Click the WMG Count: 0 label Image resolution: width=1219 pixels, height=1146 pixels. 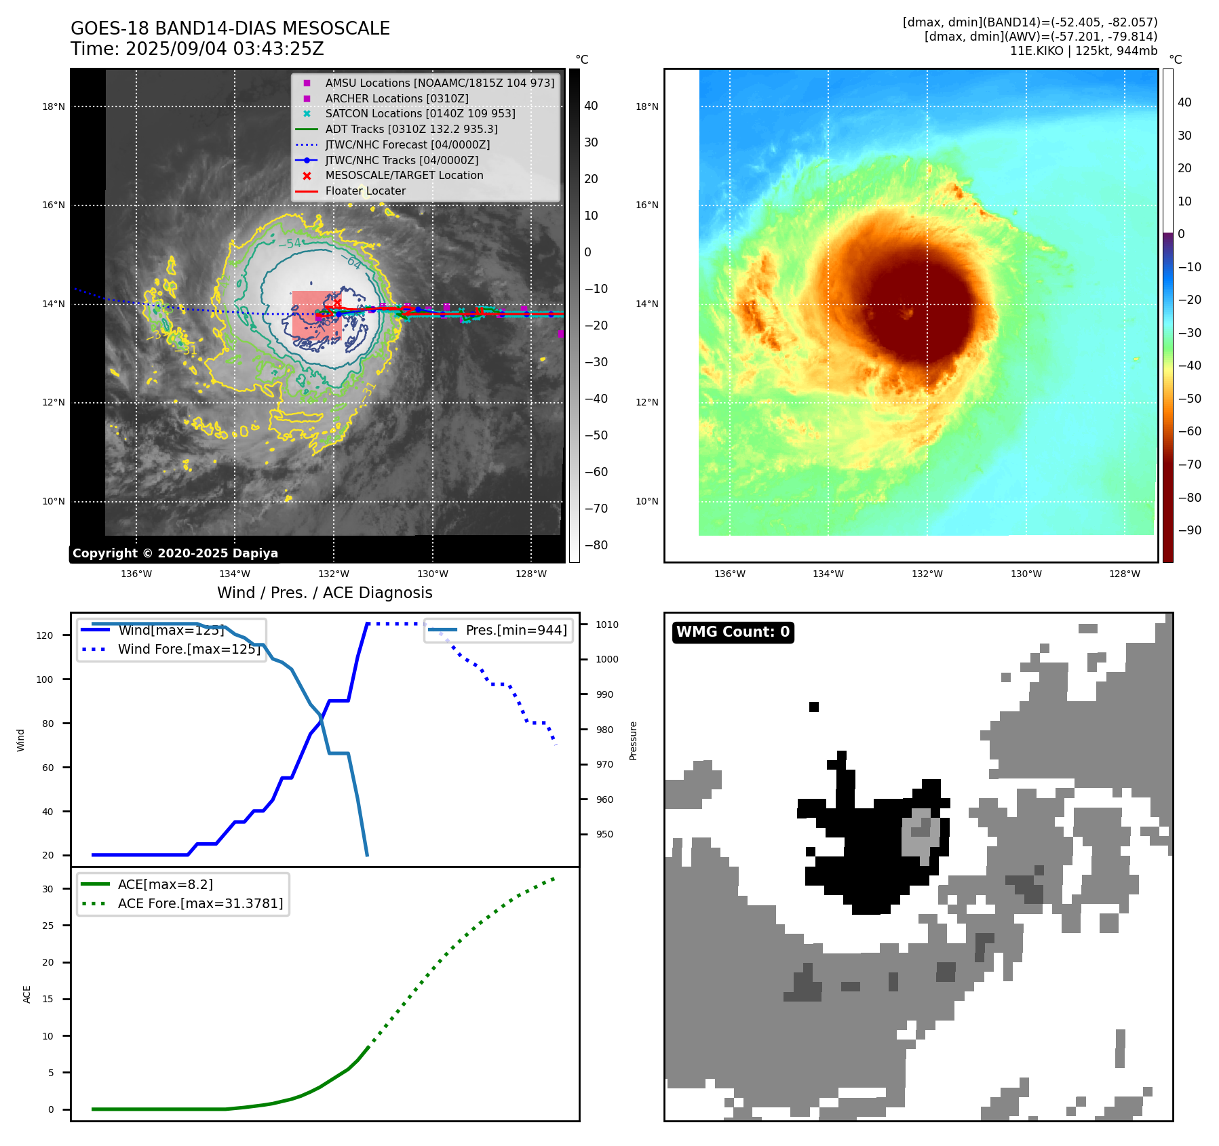coord(733,632)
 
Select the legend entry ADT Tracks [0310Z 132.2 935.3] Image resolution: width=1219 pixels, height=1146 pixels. coord(411,129)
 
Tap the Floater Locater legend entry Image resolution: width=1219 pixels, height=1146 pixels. coord(365,191)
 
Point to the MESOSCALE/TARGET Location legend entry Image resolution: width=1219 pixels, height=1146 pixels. coord(404,176)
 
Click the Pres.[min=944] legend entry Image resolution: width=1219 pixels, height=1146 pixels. coord(516,631)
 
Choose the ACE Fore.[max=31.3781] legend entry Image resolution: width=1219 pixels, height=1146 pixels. coord(200,903)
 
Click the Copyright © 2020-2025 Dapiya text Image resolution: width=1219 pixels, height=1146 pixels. coord(175,553)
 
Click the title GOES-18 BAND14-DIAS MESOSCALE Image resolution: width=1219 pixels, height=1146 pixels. coord(230,28)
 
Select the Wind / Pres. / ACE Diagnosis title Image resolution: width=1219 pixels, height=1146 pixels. coord(324,593)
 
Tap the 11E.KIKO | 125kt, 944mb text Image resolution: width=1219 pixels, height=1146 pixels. coord(1083,51)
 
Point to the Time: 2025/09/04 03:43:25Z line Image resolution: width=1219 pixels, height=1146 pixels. coord(197,49)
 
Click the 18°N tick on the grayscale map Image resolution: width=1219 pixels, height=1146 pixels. coord(54,106)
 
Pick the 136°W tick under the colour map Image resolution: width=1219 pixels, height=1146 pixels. coord(729,574)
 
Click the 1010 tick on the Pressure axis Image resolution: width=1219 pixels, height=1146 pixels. coord(607,625)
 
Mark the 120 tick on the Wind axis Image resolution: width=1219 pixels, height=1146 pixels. coord(45,635)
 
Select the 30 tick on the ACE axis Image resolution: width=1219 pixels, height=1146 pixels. coord(48,889)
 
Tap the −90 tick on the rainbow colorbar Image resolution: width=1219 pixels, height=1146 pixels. coord(1189,530)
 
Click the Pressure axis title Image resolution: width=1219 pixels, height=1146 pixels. coord(633,740)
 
